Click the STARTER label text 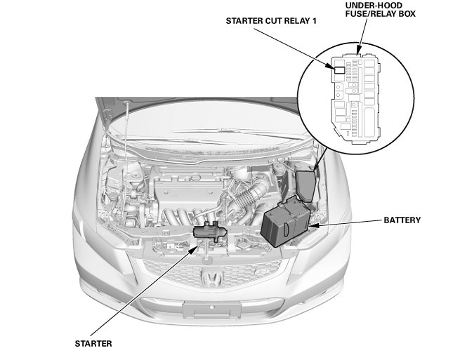[93, 343]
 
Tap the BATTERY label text [402, 220]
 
